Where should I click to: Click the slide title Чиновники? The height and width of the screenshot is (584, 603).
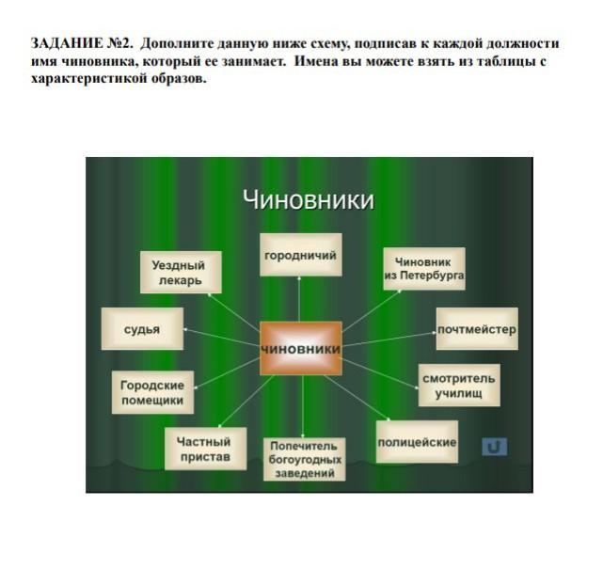308,200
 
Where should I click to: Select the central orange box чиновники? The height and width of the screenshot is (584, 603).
300,348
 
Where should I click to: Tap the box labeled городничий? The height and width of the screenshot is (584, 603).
300,255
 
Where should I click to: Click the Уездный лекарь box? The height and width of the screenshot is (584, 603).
179,273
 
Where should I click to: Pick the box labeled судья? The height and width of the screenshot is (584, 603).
142,330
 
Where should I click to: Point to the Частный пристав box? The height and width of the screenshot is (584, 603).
205,449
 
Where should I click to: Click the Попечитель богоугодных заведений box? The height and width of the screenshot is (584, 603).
305,459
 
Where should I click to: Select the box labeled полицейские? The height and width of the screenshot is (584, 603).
417,441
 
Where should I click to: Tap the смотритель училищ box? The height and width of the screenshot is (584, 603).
458,385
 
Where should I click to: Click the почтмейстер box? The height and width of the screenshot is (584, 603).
476,330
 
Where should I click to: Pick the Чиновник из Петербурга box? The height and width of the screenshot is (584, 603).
423,269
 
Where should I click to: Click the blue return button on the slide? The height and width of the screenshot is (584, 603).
494,447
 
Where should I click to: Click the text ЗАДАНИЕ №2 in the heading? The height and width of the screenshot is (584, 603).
80,44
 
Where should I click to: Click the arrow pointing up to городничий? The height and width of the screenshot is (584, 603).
300,299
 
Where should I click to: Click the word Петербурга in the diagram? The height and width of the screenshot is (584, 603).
424,277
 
